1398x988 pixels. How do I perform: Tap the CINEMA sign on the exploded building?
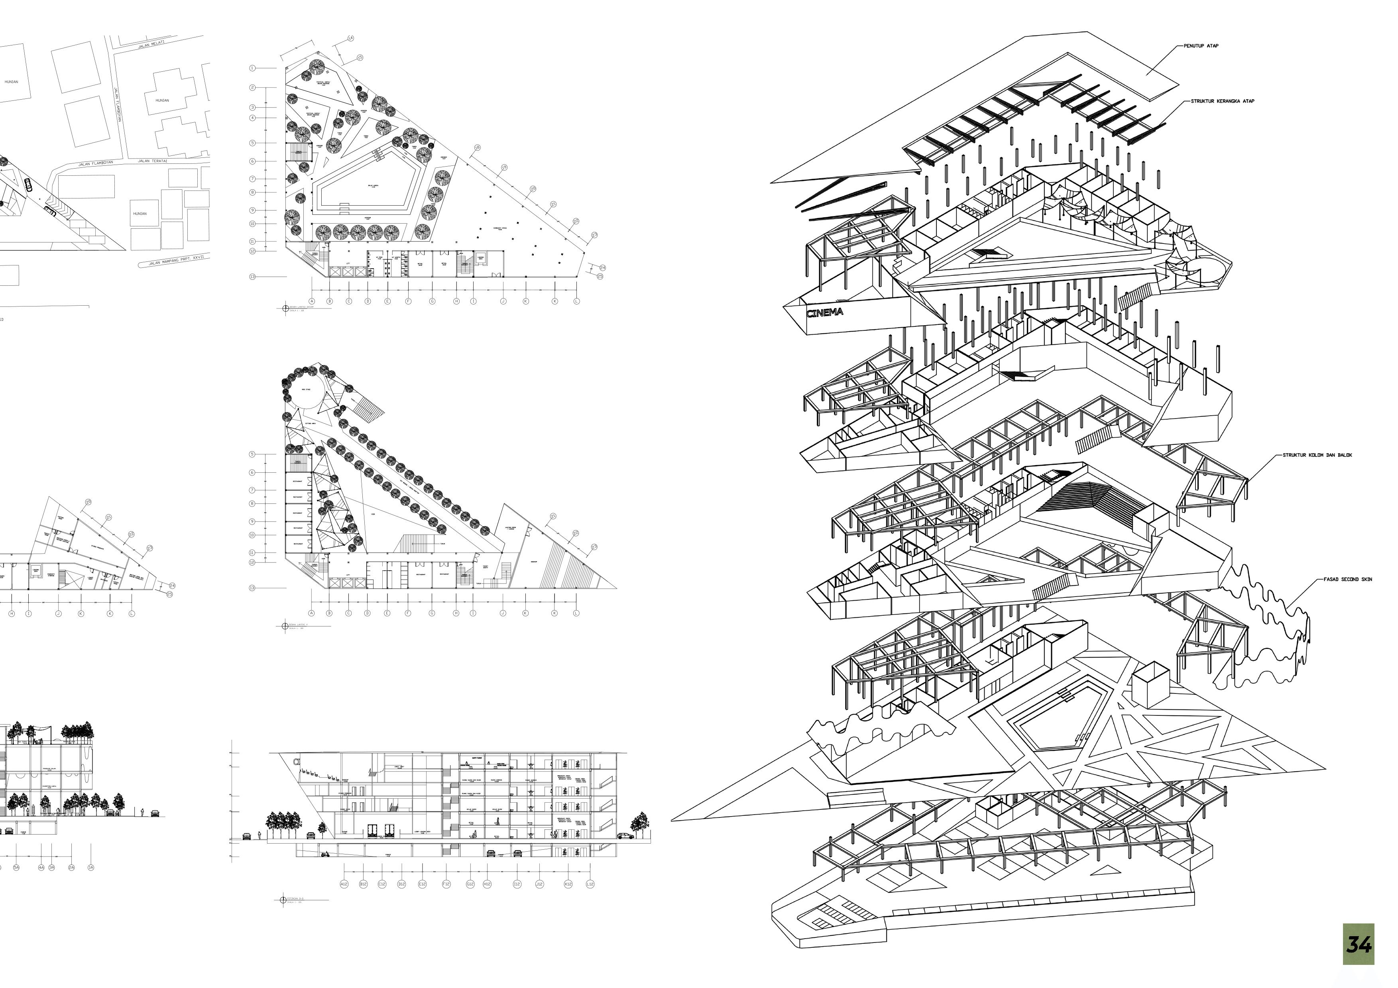[x=825, y=313]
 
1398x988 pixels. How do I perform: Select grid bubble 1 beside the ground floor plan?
[x=252, y=68]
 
